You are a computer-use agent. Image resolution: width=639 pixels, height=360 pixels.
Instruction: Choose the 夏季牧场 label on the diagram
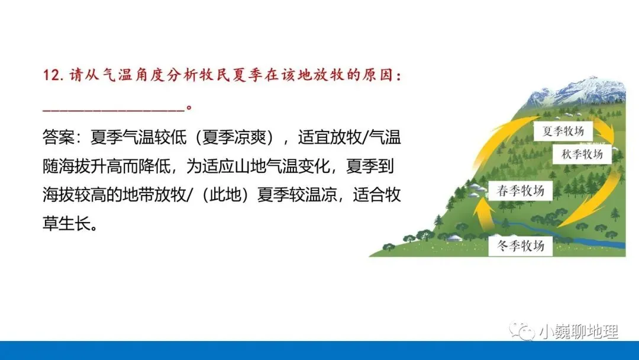(564, 131)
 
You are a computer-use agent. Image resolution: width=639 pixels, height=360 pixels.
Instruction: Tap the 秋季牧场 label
(582, 154)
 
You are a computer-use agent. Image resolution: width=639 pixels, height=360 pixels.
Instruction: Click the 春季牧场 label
(520, 191)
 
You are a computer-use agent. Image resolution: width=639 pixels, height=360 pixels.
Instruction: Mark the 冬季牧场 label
(521, 245)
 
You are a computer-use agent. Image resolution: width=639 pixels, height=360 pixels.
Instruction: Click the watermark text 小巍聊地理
(578, 331)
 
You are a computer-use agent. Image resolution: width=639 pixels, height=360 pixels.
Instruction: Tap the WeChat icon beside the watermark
(524, 331)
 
